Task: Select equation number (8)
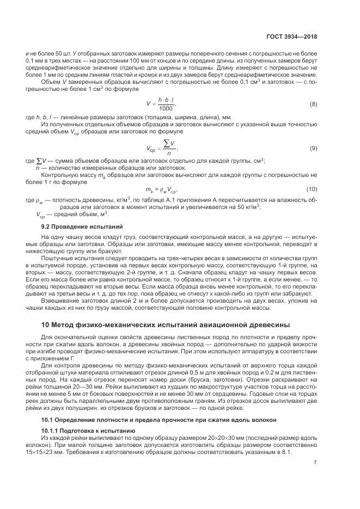click(x=314, y=103)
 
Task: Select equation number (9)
click(x=314, y=148)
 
